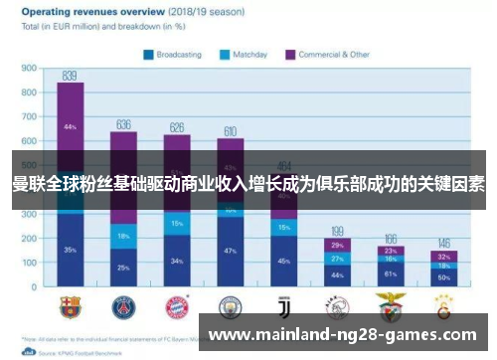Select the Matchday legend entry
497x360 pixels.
coord(249,55)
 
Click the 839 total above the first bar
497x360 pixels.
coord(70,75)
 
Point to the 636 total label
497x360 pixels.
coord(124,124)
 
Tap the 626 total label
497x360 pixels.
coord(177,127)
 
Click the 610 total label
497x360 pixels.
coord(230,131)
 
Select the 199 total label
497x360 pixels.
coord(337,231)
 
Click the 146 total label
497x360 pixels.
coord(443,244)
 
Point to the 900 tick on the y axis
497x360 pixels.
coord(29,69)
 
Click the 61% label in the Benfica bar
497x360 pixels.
coord(390,272)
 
